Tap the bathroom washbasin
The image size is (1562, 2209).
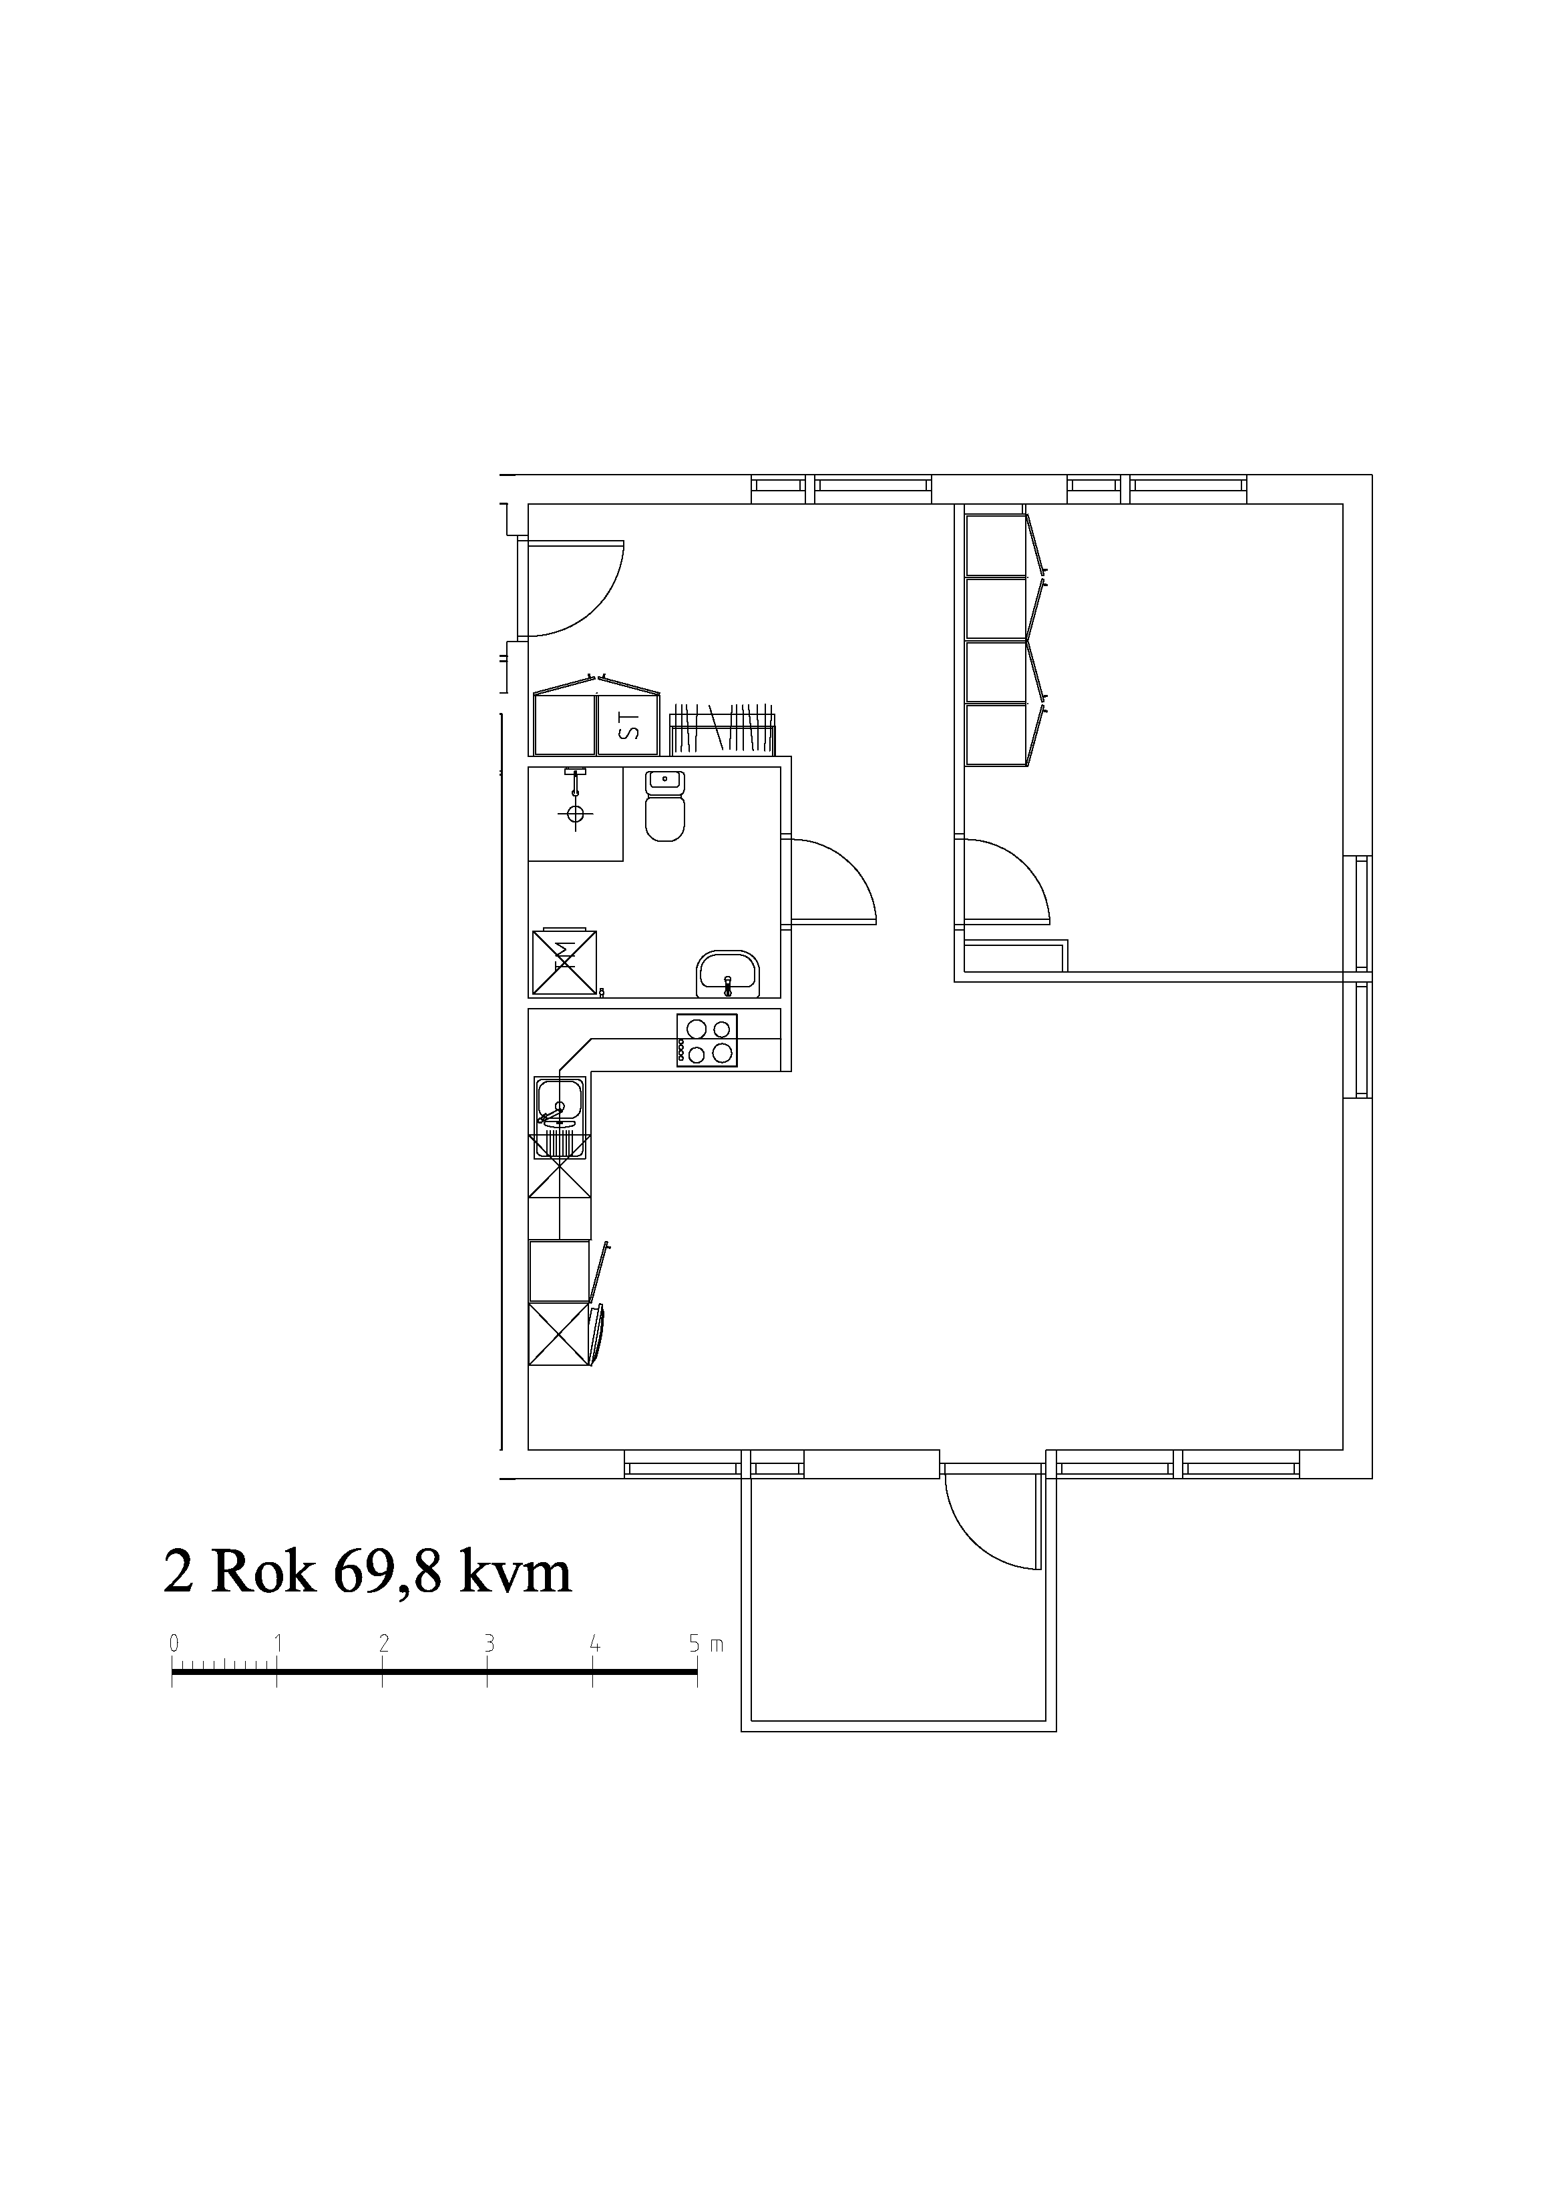click(729, 975)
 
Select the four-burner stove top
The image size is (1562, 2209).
click(707, 1040)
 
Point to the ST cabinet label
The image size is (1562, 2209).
click(628, 724)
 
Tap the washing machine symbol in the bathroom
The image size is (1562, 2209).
click(564, 962)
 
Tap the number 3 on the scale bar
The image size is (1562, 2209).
click(489, 1644)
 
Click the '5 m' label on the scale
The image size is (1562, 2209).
click(705, 1644)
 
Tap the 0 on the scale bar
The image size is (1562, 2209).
click(174, 1644)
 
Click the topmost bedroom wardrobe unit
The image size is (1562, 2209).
click(996, 545)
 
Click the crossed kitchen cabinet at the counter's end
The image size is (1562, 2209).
click(559, 1334)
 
